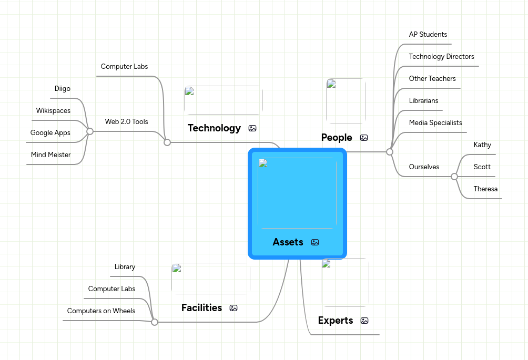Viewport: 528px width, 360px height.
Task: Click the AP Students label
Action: click(x=428, y=35)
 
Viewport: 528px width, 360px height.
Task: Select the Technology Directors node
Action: click(x=441, y=57)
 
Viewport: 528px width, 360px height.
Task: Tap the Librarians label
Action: click(x=423, y=101)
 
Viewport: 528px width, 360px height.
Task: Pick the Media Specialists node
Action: click(x=435, y=123)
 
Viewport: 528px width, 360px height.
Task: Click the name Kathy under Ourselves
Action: click(x=482, y=145)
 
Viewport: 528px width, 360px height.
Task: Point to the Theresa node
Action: click(x=485, y=189)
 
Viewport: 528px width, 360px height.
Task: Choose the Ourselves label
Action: click(x=424, y=167)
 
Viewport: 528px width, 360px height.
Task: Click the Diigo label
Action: click(x=63, y=89)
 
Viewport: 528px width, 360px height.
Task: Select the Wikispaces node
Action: click(x=53, y=111)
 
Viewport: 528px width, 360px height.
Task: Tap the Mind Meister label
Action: click(x=50, y=155)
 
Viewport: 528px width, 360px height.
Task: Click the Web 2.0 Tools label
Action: click(x=126, y=122)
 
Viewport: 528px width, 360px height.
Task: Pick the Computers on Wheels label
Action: click(x=101, y=311)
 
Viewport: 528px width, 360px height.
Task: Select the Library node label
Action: click(x=125, y=267)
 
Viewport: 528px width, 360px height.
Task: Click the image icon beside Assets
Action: click(x=315, y=242)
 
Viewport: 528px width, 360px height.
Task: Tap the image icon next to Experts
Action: click(x=364, y=321)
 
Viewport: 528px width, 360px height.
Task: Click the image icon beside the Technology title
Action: click(x=252, y=128)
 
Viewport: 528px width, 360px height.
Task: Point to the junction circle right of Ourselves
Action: click(x=454, y=177)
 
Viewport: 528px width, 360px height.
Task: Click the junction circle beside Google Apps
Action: click(x=90, y=131)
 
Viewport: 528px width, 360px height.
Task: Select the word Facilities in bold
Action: click(x=201, y=308)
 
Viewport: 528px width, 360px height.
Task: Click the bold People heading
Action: click(x=337, y=138)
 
